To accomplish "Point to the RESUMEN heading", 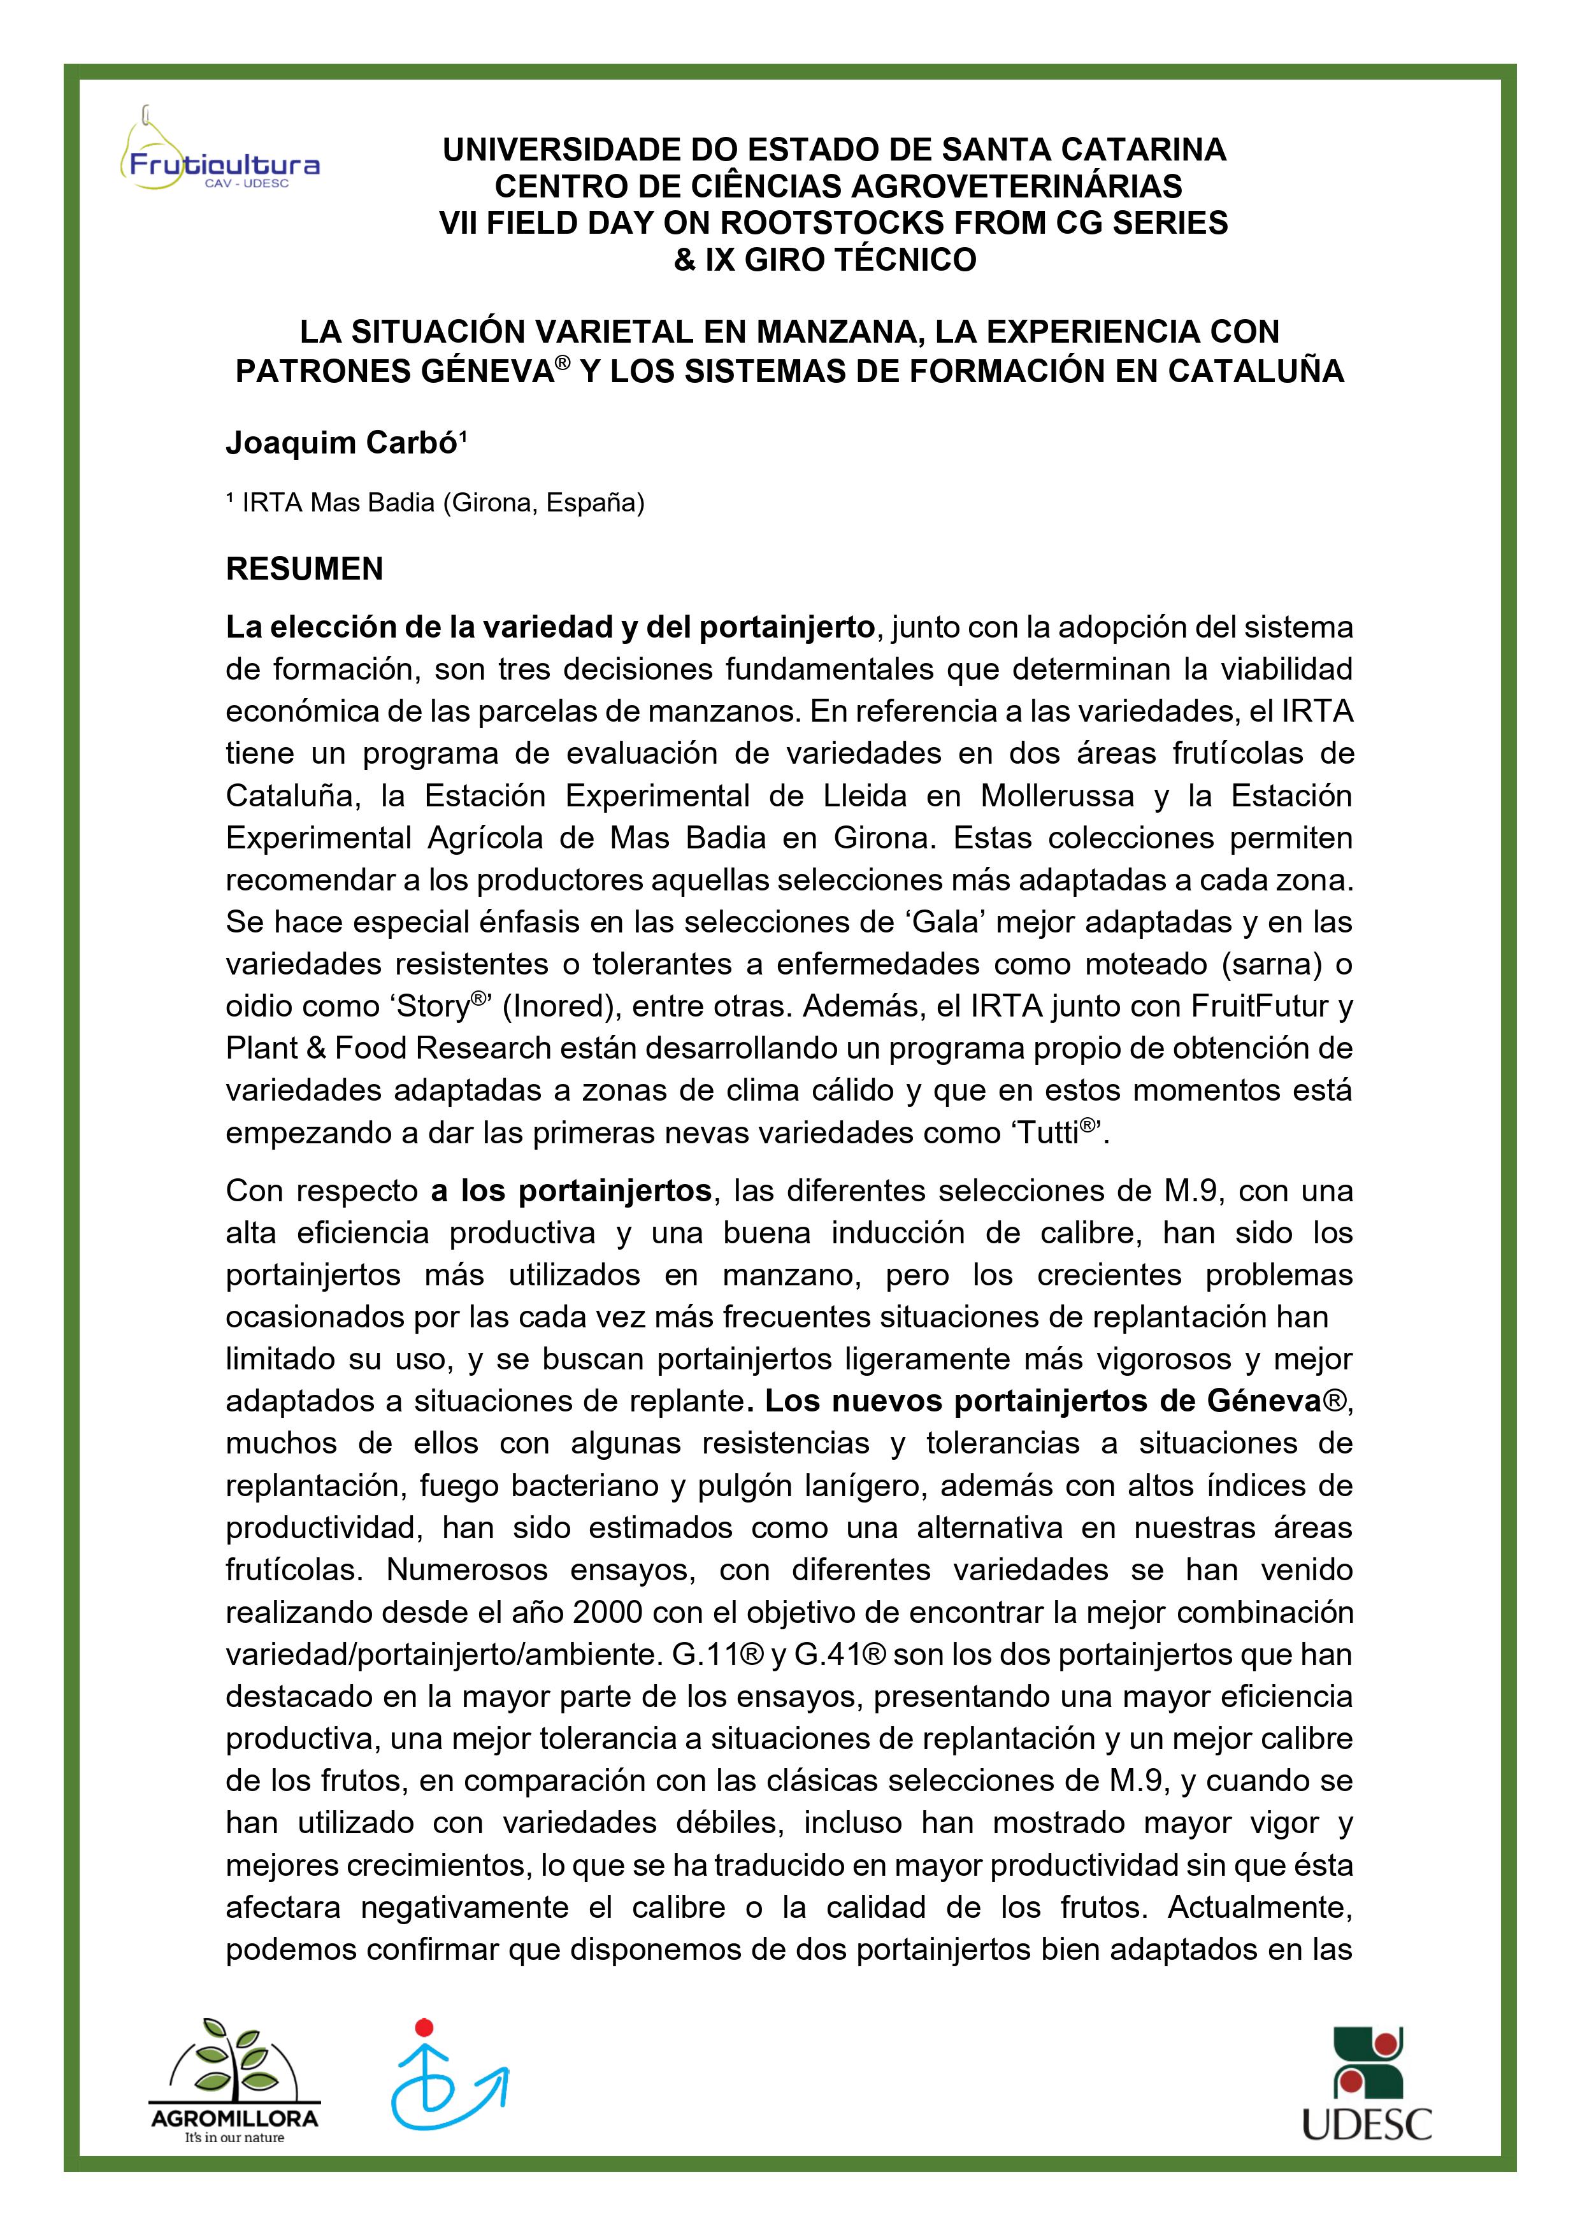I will coord(304,569).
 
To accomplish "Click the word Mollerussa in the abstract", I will coord(1056,796).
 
